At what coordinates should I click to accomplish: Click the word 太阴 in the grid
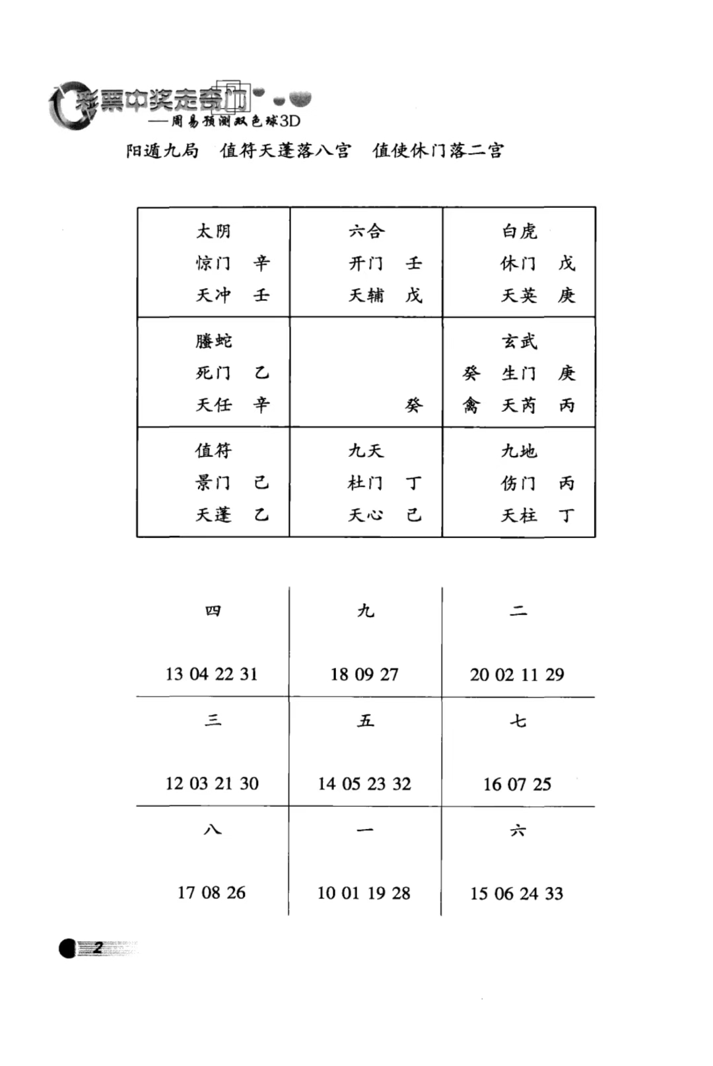[x=213, y=231]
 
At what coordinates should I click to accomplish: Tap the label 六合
[x=366, y=231]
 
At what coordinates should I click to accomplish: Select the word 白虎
[x=520, y=231]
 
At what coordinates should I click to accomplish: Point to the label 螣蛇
[x=213, y=341]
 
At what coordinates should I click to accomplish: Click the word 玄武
[x=520, y=341]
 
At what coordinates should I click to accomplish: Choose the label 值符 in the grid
[x=213, y=450]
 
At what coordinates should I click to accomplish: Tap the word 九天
[x=366, y=451]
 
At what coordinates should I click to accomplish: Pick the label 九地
[x=520, y=451]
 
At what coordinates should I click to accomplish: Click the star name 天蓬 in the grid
[x=213, y=514]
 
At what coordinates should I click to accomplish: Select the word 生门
[x=519, y=374]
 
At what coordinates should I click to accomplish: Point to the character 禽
[x=471, y=405]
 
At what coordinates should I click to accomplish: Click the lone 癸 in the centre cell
[x=414, y=405]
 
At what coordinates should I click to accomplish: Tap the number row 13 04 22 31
[x=211, y=674]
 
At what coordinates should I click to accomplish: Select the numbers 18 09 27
[x=364, y=674]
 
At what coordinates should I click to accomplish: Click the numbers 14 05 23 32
[x=364, y=783]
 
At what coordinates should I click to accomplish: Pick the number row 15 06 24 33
[x=517, y=893]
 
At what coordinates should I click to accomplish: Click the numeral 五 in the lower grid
[x=366, y=720]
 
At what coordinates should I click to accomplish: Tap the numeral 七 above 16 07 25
[x=518, y=720]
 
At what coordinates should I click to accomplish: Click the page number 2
[x=98, y=948]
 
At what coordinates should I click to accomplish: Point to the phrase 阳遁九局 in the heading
[x=162, y=150]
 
